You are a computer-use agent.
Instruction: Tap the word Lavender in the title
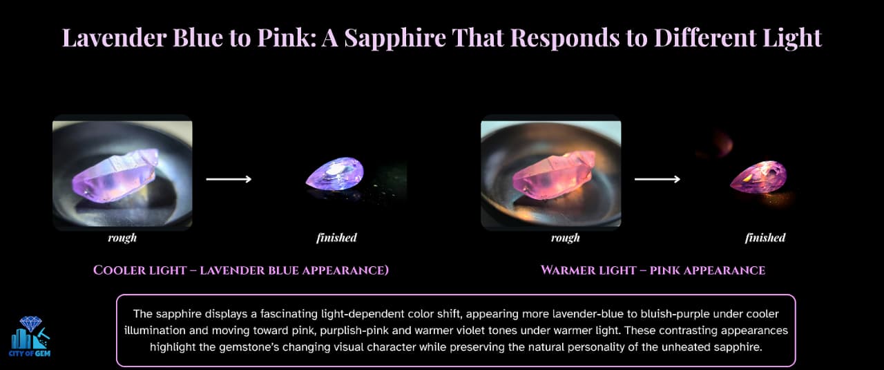pos(114,38)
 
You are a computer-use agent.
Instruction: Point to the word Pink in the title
pos(287,38)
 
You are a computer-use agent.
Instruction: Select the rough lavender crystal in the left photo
pos(115,176)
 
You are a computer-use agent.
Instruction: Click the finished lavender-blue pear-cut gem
pos(335,174)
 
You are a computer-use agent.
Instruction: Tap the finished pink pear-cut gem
pos(758,177)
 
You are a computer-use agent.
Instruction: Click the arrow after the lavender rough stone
pos(229,179)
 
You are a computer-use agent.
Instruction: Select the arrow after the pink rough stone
pos(657,179)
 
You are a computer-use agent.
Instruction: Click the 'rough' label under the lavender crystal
pos(122,238)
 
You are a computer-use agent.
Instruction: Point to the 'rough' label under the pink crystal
pos(566,238)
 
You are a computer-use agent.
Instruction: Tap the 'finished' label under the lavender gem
pos(336,237)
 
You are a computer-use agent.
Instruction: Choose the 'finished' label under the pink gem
pos(765,237)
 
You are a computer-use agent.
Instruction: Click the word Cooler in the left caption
pos(120,270)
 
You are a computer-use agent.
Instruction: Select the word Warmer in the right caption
pos(568,270)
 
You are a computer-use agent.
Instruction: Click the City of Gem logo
pos(30,336)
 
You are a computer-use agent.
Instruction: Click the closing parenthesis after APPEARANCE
pos(386,270)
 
